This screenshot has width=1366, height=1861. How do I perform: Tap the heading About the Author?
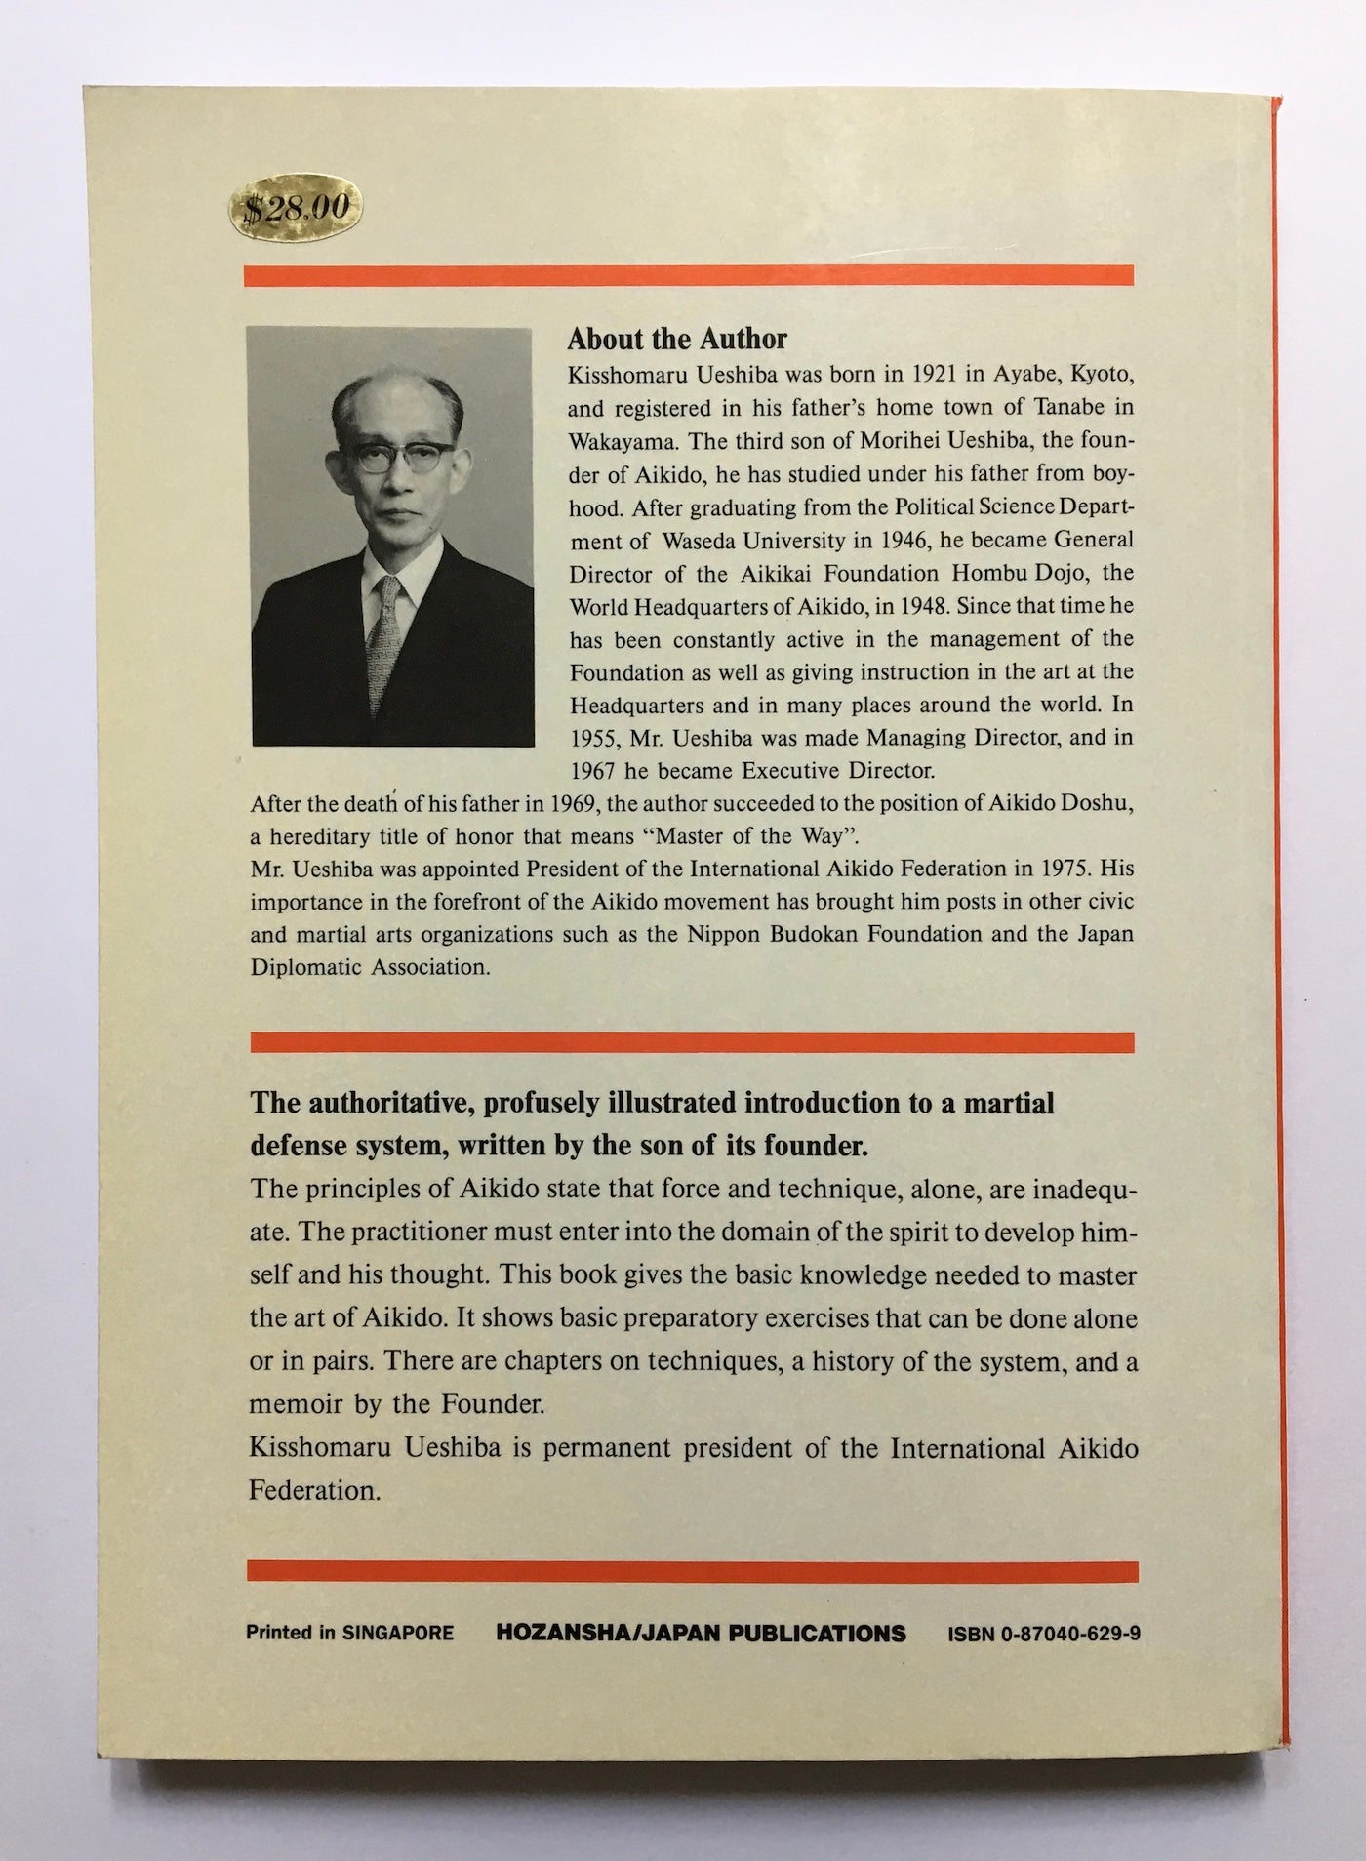tap(676, 339)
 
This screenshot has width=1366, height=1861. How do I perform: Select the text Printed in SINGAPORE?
tap(349, 1634)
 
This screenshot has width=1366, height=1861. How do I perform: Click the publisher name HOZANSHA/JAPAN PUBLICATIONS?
tap(701, 1634)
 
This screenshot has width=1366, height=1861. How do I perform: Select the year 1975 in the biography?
tap(1074, 868)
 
